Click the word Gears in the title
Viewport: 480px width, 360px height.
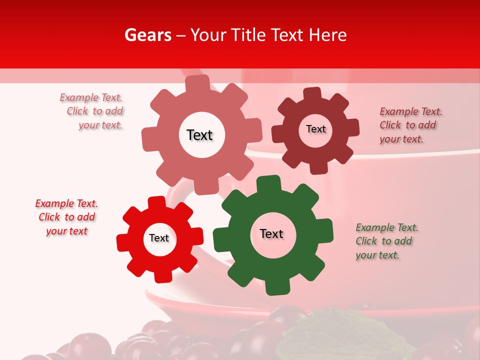(x=148, y=35)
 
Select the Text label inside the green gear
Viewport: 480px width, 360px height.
(x=271, y=234)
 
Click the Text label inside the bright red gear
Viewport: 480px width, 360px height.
(x=159, y=238)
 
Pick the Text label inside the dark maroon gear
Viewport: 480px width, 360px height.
(x=315, y=129)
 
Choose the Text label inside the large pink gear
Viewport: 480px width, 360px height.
(x=199, y=135)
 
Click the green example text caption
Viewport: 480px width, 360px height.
(x=386, y=241)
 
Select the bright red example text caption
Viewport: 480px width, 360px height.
(x=66, y=217)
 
